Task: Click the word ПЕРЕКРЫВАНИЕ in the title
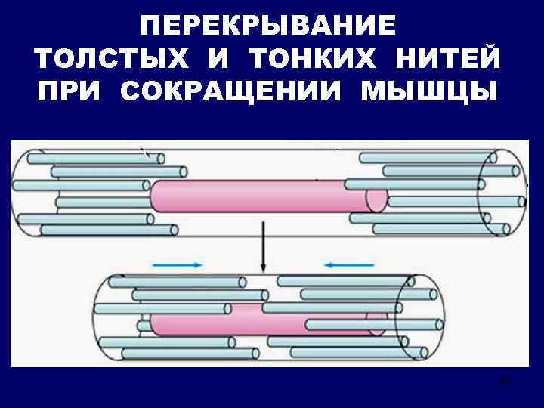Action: coord(268,26)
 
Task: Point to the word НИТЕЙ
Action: coord(453,59)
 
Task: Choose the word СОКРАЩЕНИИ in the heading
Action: coord(232,91)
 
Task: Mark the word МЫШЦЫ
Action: coord(428,91)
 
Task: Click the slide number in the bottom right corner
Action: coord(504,381)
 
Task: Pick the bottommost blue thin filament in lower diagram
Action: coord(178,353)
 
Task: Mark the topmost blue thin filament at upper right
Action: coord(427,158)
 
